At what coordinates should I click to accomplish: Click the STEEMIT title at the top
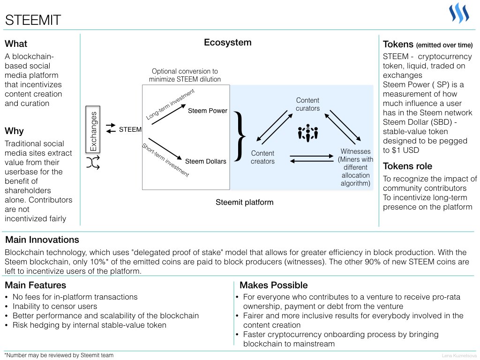click(33, 20)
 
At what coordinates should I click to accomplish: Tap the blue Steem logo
click(459, 13)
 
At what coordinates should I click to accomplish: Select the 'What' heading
click(16, 44)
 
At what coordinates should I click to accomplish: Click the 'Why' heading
click(14, 131)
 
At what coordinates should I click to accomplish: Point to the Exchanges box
click(93, 129)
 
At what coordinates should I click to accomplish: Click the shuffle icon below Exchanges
click(93, 163)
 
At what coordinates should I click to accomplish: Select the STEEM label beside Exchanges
click(130, 129)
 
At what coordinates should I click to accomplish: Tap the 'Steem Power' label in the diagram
click(208, 111)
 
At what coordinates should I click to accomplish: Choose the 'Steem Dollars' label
click(206, 161)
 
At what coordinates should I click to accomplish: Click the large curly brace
click(240, 136)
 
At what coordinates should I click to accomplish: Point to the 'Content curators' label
click(307, 105)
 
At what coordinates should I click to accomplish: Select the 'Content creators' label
click(262, 157)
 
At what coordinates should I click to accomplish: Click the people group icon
click(308, 133)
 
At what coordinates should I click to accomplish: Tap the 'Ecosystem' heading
click(228, 42)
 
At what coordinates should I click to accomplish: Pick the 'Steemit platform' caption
click(245, 202)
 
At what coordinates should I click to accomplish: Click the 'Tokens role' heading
click(407, 166)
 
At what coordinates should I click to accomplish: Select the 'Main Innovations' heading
click(42, 240)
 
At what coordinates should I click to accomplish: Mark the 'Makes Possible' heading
click(274, 285)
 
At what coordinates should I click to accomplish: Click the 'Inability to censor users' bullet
click(55, 307)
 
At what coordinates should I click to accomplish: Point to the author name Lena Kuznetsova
click(459, 356)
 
